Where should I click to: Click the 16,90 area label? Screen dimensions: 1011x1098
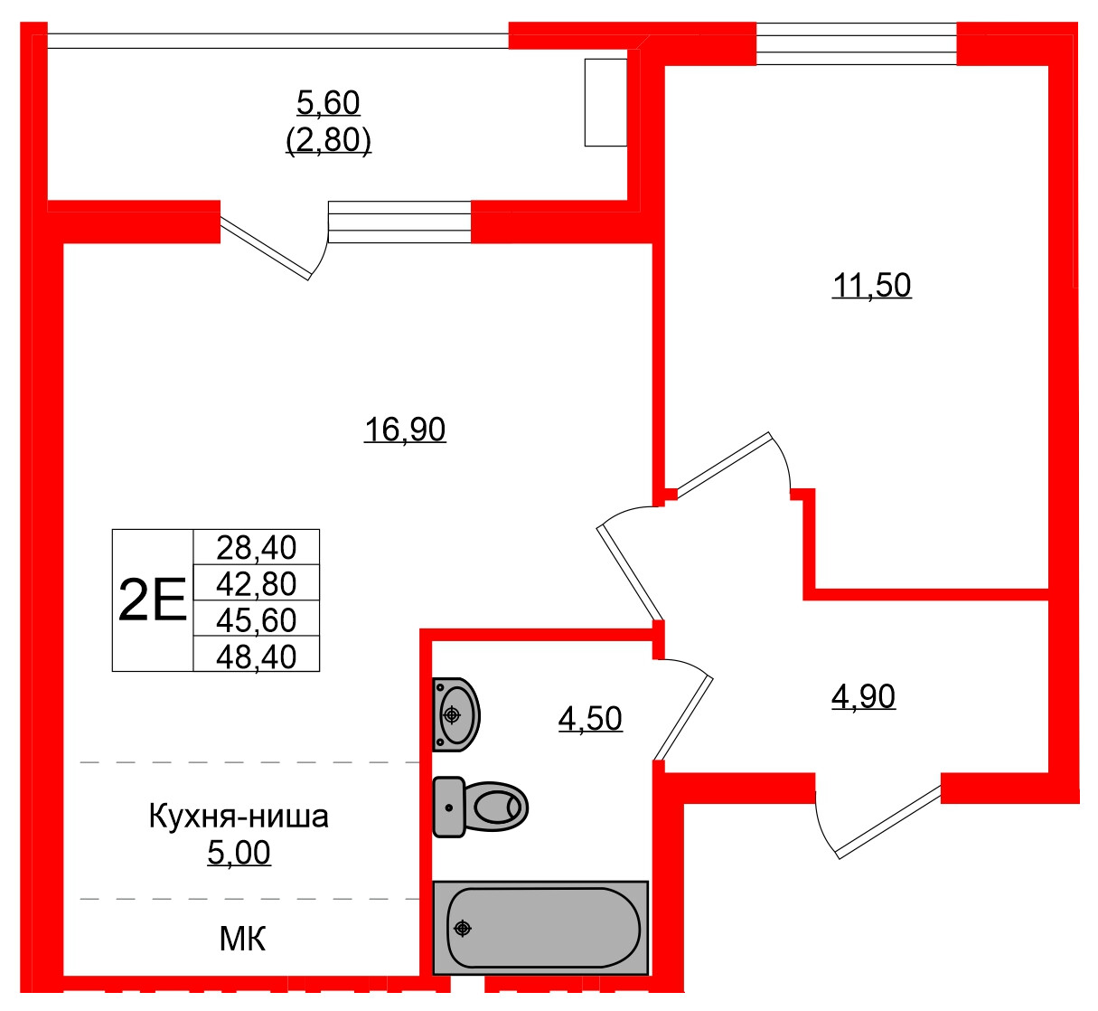click(405, 429)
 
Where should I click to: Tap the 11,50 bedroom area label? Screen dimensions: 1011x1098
click(871, 286)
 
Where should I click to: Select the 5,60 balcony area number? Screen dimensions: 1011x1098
click(328, 103)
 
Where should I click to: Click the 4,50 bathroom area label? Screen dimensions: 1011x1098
click(590, 719)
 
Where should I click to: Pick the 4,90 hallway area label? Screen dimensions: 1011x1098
click(863, 696)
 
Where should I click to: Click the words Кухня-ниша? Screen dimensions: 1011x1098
click(239, 817)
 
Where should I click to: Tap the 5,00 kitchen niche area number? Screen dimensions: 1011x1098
click(239, 853)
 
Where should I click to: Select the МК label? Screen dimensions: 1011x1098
click(242, 940)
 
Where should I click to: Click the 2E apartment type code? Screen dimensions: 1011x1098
click(152, 600)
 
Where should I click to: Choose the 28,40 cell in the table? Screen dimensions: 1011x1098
click(257, 547)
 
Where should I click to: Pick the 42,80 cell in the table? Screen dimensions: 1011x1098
click(257, 583)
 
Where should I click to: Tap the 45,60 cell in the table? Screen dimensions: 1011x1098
click(257, 619)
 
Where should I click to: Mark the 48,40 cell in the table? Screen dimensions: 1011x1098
click(257, 656)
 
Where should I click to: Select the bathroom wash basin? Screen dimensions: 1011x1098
click(456, 714)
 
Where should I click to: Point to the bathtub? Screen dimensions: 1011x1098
click(540, 928)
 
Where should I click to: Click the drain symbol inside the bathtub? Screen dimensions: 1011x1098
click(463, 928)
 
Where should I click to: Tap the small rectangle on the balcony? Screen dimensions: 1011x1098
click(605, 101)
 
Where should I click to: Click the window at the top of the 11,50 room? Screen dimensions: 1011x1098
click(855, 43)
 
